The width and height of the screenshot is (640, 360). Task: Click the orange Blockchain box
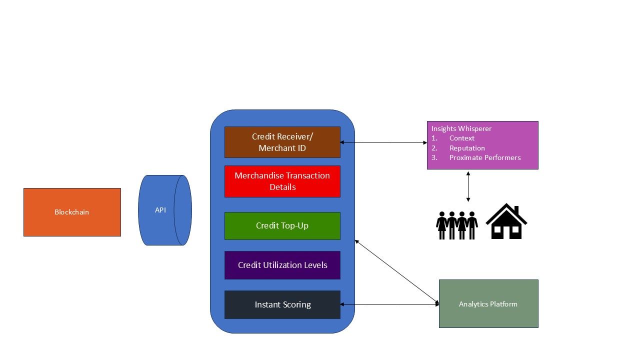click(x=72, y=212)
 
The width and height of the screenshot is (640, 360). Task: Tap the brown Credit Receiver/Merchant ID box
click(x=282, y=142)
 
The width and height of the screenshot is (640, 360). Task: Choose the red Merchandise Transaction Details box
click(x=282, y=181)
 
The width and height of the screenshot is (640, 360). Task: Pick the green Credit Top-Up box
click(x=282, y=225)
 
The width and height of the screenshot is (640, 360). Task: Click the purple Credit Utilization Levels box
click(x=282, y=265)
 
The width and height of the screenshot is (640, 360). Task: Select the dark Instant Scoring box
click(x=282, y=304)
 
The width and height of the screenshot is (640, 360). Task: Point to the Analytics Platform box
click(x=488, y=304)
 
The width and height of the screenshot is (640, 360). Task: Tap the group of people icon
click(x=457, y=225)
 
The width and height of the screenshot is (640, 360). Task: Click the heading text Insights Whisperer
click(x=461, y=128)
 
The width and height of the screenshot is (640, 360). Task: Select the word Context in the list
click(x=462, y=138)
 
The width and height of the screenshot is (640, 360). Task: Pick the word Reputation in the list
click(x=467, y=148)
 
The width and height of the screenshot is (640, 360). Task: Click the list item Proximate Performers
click(x=485, y=157)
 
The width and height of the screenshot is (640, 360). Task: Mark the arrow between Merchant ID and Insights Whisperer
click(x=383, y=142)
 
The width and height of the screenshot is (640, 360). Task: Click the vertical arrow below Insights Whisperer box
click(x=468, y=186)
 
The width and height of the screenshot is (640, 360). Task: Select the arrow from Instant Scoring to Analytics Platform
click(x=389, y=304)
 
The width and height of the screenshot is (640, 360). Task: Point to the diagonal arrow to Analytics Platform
click(x=396, y=271)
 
